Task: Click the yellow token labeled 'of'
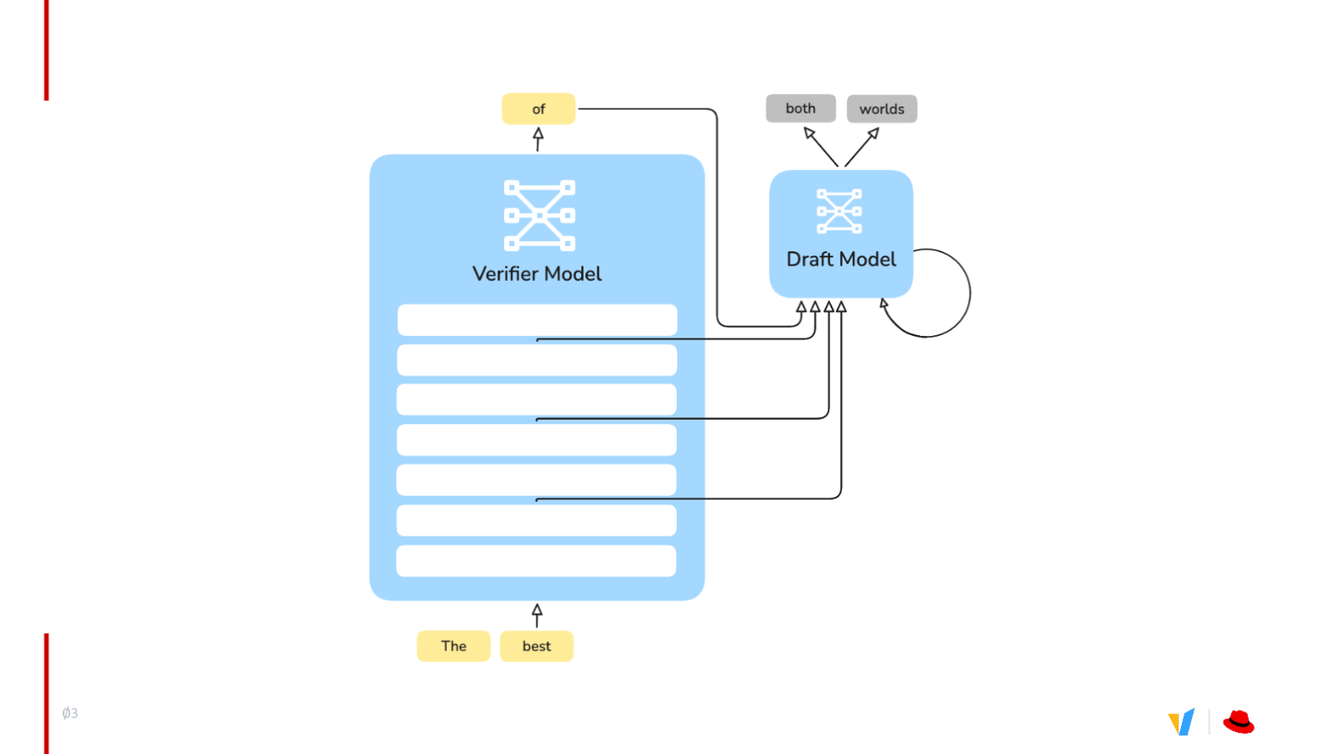[538, 109]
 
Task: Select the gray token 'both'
[800, 108]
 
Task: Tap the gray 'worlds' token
[881, 109]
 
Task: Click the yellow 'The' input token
[453, 647]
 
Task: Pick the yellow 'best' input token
[536, 647]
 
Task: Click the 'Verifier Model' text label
[536, 274]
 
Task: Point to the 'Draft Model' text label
[841, 259]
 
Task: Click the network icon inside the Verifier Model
[540, 216]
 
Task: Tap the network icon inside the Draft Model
[839, 212]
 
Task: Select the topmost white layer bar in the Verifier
[537, 320]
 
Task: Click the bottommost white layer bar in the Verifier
[536, 561]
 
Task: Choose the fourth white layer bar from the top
[536, 440]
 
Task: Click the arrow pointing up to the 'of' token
[538, 140]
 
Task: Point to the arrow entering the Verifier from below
[537, 616]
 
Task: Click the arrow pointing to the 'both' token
[821, 147]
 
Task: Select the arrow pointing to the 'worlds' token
[862, 147]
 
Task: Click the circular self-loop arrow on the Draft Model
[969, 293]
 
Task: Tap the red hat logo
[1238, 722]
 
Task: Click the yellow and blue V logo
[1182, 722]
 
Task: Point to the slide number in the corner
[70, 713]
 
